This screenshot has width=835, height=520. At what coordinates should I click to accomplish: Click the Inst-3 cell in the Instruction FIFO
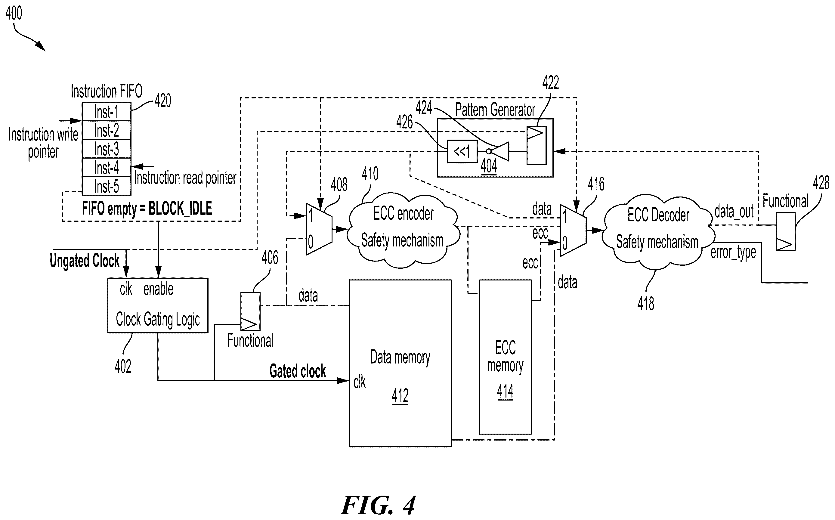pyautogui.click(x=106, y=149)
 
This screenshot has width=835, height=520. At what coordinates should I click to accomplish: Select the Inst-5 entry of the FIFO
pyautogui.click(x=106, y=186)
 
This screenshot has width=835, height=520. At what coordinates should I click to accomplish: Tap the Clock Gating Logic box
pyautogui.click(x=158, y=305)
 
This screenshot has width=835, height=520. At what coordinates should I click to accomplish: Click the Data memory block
pyautogui.click(x=400, y=363)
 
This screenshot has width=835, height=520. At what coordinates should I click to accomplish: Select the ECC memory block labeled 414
pyautogui.click(x=505, y=357)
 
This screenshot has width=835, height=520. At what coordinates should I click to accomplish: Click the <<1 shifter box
pyautogui.click(x=462, y=151)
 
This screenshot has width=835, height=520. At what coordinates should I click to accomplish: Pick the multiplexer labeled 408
pyautogui.click(x=319, y=229)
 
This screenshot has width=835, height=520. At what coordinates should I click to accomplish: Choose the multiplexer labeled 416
pyautogui.click(x=573, y=231)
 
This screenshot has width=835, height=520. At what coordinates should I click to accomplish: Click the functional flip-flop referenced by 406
pyautogui.click(x=250, y=311)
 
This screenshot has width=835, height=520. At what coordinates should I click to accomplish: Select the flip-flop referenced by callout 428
pyautogui.click(x=785, y=232)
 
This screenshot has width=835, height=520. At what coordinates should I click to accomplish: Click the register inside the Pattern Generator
pyautogui.click(x=536, y=145)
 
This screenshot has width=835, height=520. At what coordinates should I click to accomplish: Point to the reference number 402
pyautogui.click(x=123, y=367)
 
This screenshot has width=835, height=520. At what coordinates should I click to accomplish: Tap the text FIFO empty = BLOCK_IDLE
pyautogui.click(x=147, y=209)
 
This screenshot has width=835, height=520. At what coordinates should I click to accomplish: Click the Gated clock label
pyautogui.click(x=298, y=371)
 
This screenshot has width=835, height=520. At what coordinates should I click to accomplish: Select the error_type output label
pyautogui.click(x=733, y=253)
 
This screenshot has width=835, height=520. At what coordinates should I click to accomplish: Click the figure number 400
pyautogui.click(x=14, y=13)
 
